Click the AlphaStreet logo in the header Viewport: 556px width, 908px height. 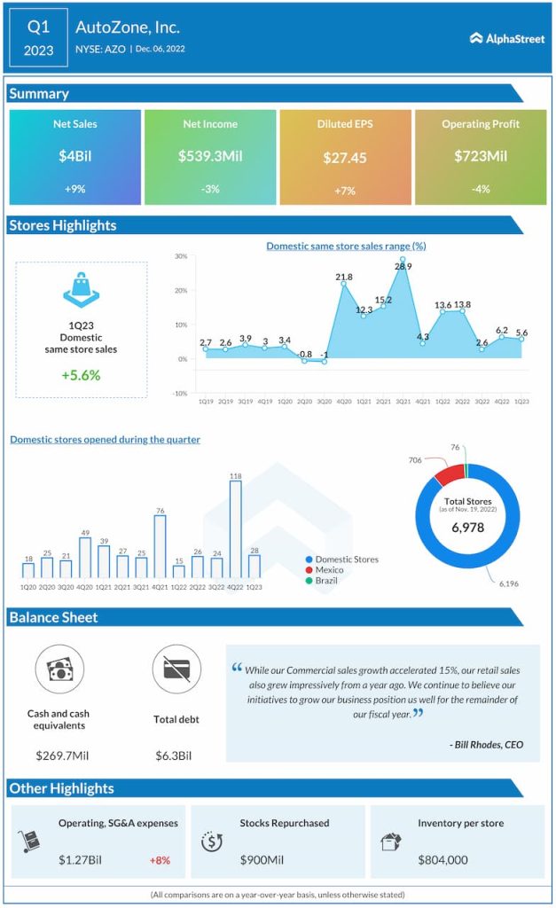[x=508, y=37]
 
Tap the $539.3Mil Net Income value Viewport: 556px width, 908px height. [x=210, y=156]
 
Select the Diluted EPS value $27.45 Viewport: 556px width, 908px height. [x=345, y=158]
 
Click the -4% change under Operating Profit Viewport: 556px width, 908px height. [x=481, y=189]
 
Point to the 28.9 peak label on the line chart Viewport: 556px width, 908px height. [x=403, y=266]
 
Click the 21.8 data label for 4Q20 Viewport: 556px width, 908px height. [x=344, y=278]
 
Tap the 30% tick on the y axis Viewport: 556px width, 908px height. [x=180, y=256]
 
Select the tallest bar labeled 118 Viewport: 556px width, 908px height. [x=235, y=529]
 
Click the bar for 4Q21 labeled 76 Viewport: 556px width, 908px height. [x=160, y=546]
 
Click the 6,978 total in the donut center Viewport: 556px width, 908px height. [x=467, y=528]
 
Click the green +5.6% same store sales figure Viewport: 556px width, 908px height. [x=81, y=375]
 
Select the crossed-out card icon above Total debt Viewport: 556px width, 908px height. [x=176, y=669]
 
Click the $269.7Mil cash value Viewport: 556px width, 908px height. [x=59, y=755]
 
